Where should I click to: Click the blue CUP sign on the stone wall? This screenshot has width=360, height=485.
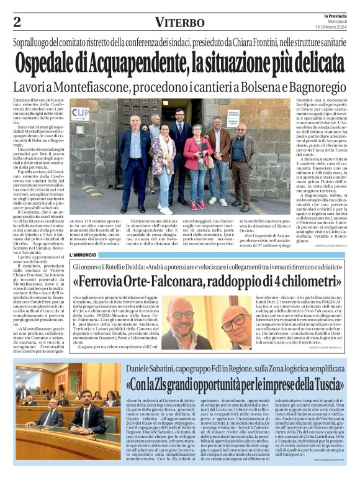click(79, 114)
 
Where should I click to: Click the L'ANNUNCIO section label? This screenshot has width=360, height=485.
click(84, 254)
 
